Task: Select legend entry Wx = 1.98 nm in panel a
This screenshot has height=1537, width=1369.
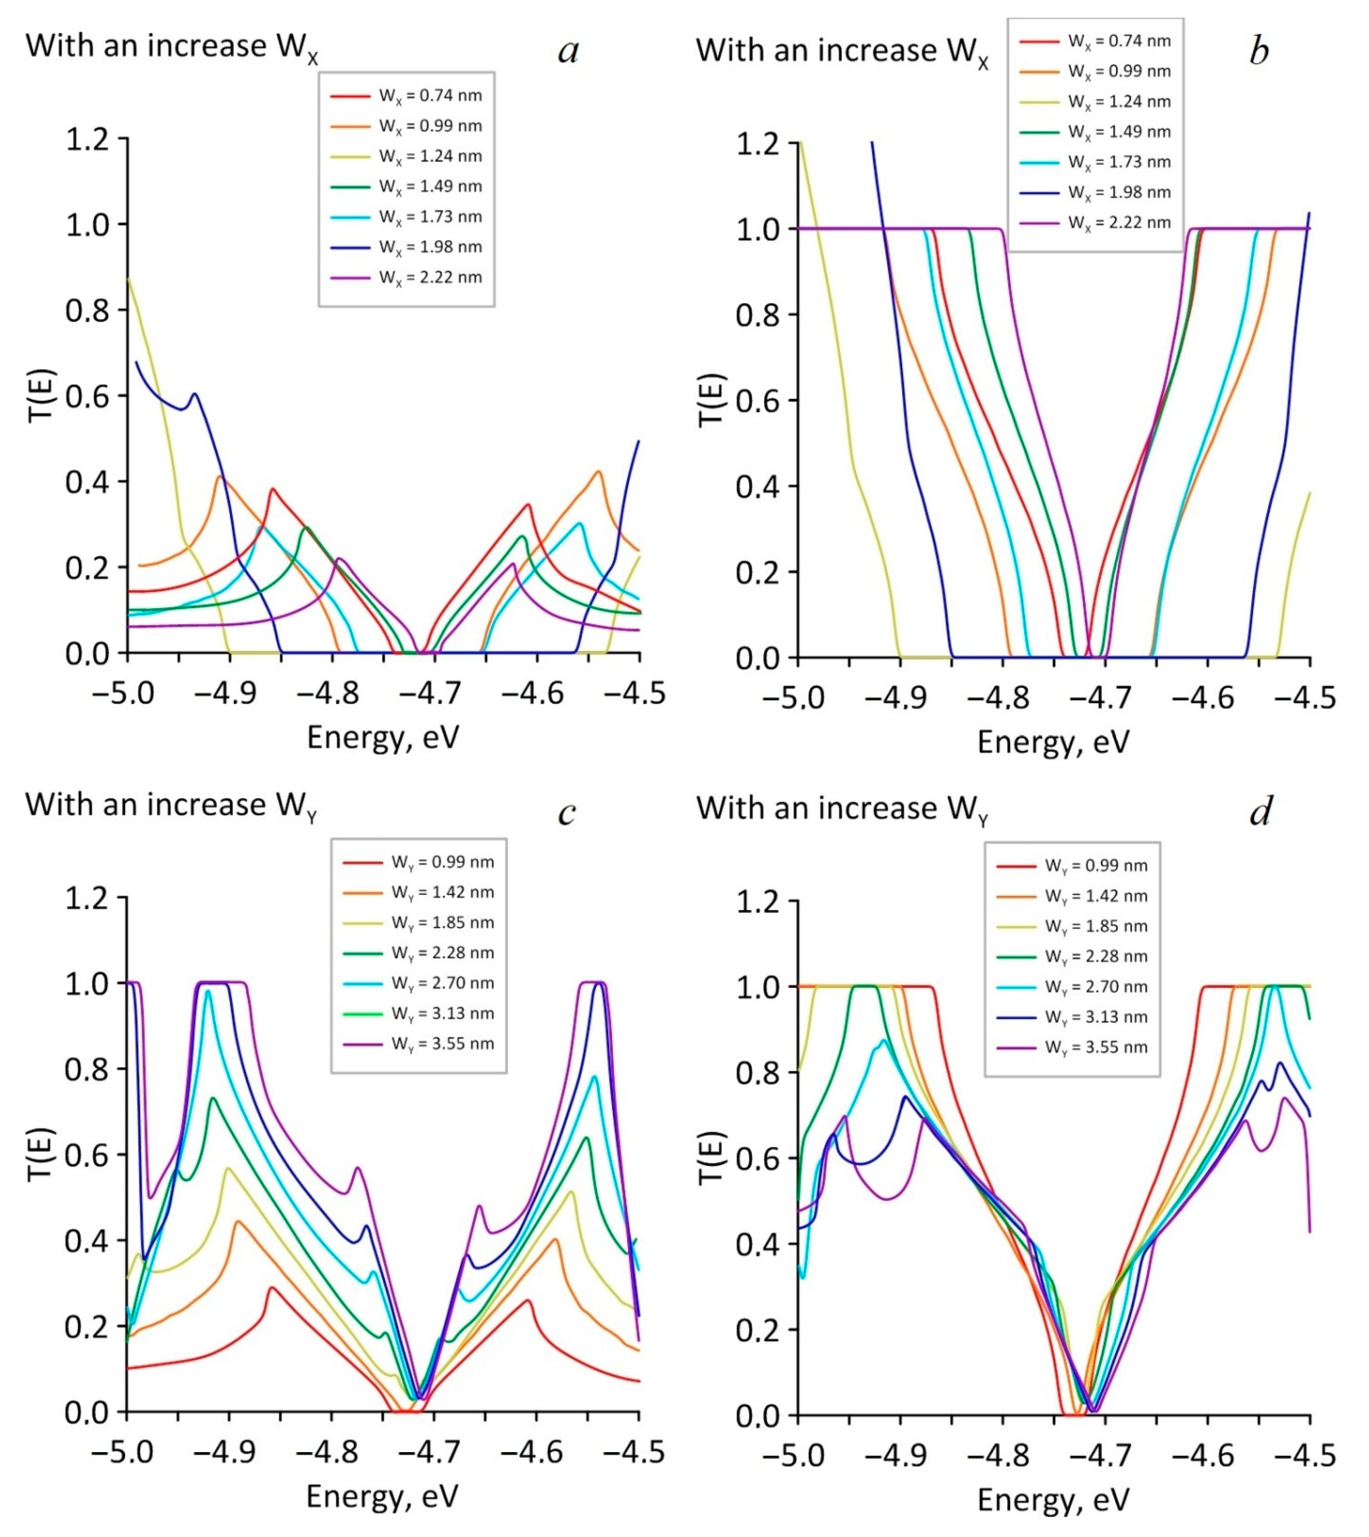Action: click(x=430, y=247)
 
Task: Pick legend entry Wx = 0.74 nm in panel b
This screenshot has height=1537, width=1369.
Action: click(x=1119, y=42)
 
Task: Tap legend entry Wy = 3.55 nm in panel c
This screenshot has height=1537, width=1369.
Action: click(x=442, y=1044)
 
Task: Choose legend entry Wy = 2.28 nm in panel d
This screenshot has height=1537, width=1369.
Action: click(x=1096, y=957)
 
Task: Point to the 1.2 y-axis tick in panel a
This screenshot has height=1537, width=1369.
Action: click(x=87, y=139)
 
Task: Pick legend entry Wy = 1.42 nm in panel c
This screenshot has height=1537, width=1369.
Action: click(x=442, y=893)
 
